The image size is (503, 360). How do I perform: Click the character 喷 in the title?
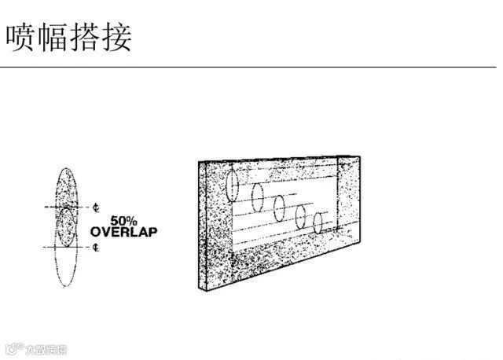[21, 36]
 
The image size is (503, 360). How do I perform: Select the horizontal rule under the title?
[251, 68]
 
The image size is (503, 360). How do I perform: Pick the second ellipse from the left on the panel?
[256, 195]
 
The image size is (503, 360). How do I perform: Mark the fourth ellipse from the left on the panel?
[300, 215]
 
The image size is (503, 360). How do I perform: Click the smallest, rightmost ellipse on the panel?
[318, 223]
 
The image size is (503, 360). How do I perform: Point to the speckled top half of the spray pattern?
[67, 185]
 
